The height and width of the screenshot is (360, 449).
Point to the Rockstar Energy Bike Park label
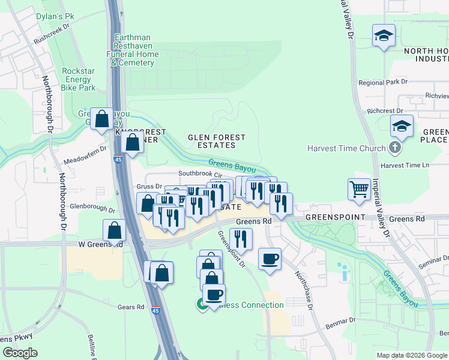[79, 79]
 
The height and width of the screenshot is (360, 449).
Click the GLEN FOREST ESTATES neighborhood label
[217, 141]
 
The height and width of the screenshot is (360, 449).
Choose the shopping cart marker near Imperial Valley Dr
[359, 189]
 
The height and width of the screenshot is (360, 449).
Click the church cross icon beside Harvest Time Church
[394, 148]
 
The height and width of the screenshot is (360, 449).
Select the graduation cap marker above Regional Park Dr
[383, 36]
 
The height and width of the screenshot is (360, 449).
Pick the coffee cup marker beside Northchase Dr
[270, 259]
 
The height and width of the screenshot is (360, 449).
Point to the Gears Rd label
[131, 307]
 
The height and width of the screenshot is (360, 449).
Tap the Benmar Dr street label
[340, 323]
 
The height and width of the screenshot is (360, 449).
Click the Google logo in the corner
[20, 353]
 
